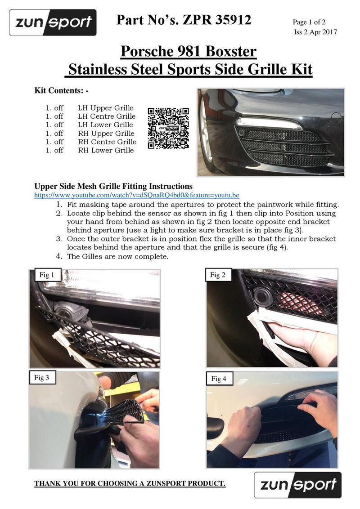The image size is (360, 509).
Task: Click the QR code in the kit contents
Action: [x=168, y=128]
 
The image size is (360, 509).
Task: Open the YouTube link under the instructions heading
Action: [x=137, y=196]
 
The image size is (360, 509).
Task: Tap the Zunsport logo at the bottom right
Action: [x=298, y=485]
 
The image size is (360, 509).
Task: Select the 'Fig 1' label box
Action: [x=47, y=275]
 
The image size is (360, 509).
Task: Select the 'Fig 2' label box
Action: [x=218, y=275]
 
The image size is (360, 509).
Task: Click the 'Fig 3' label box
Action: [x=42, y=378]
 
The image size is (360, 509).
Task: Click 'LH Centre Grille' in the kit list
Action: [x=107, y=116]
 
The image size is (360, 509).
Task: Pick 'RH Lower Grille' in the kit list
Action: [x=106, y=150]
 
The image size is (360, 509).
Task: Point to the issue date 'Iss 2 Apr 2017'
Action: [x=315, y=31]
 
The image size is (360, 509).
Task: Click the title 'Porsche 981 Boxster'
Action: [x=189, y=52]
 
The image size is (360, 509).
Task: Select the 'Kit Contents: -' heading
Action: [x=62, y=90]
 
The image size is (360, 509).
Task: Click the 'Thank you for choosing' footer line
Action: [x=130, y=484]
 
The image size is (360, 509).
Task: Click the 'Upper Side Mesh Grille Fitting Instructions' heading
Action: [x=114, y=186]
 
